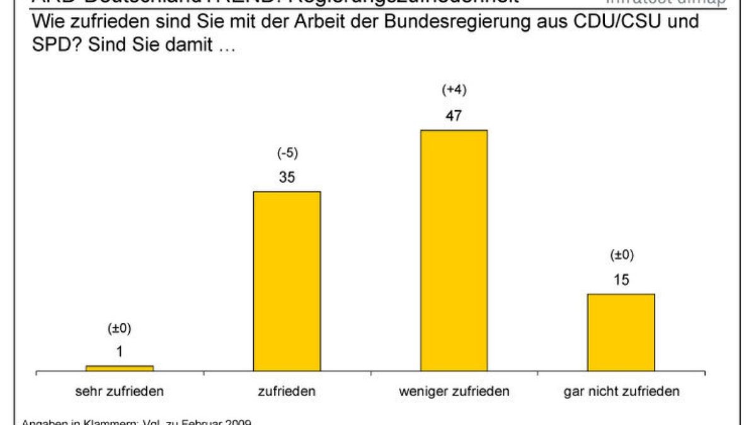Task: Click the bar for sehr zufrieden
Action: (120, 368)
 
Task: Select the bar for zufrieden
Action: (287, 281)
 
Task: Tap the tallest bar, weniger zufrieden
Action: (454, 251)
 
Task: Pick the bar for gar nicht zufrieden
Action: (621, 332)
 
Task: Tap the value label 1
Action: (120, 351)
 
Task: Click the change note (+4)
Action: (454, 90)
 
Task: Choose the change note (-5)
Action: (287, 152)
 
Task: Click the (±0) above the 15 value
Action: (621, 255)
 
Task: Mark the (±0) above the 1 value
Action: (120, 328)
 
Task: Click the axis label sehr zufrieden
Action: (120, 391)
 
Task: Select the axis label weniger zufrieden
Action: (454, 391)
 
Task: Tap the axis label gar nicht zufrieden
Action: (621, 391)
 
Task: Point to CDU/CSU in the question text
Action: (615, 22)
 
